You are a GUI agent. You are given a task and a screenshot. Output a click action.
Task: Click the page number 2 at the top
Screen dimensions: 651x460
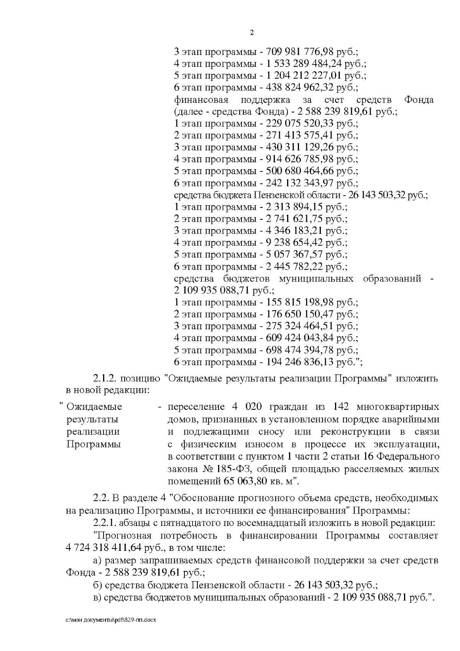[x=251, y=33]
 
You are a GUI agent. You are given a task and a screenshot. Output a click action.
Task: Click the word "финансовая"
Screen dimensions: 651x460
[x=201, y=100]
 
